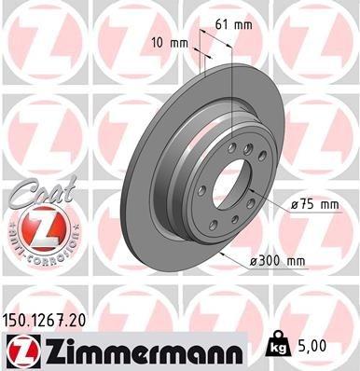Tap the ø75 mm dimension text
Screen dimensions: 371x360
pyautogui.click(x=312, y=204)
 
